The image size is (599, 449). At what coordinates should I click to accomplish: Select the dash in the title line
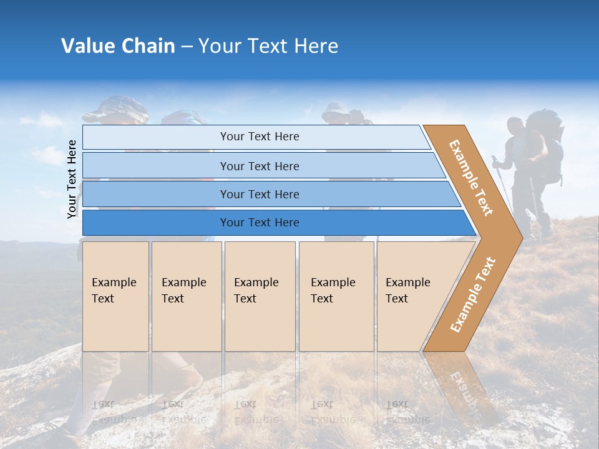click(x=187, y=47)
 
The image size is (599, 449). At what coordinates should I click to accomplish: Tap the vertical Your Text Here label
click(x=72, y=179)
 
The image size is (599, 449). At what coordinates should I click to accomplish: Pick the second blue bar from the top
click(x=259, y=166)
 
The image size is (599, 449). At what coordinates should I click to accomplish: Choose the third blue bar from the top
click(x=259, y=194)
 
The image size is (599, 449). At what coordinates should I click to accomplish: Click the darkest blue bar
click(x=259, y=223)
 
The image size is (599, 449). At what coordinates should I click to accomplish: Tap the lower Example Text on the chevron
click(x=472, y=295)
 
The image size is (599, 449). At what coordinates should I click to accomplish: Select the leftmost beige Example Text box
click(x=115, y=296)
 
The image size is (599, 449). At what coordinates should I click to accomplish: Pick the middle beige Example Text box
click(x=260, y=296)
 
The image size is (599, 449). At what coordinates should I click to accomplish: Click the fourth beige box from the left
click(x=336, y=296)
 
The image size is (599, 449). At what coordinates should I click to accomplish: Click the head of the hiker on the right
click(x=515, y=127)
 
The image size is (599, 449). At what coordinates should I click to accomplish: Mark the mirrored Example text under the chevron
click(x=465, y=387)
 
